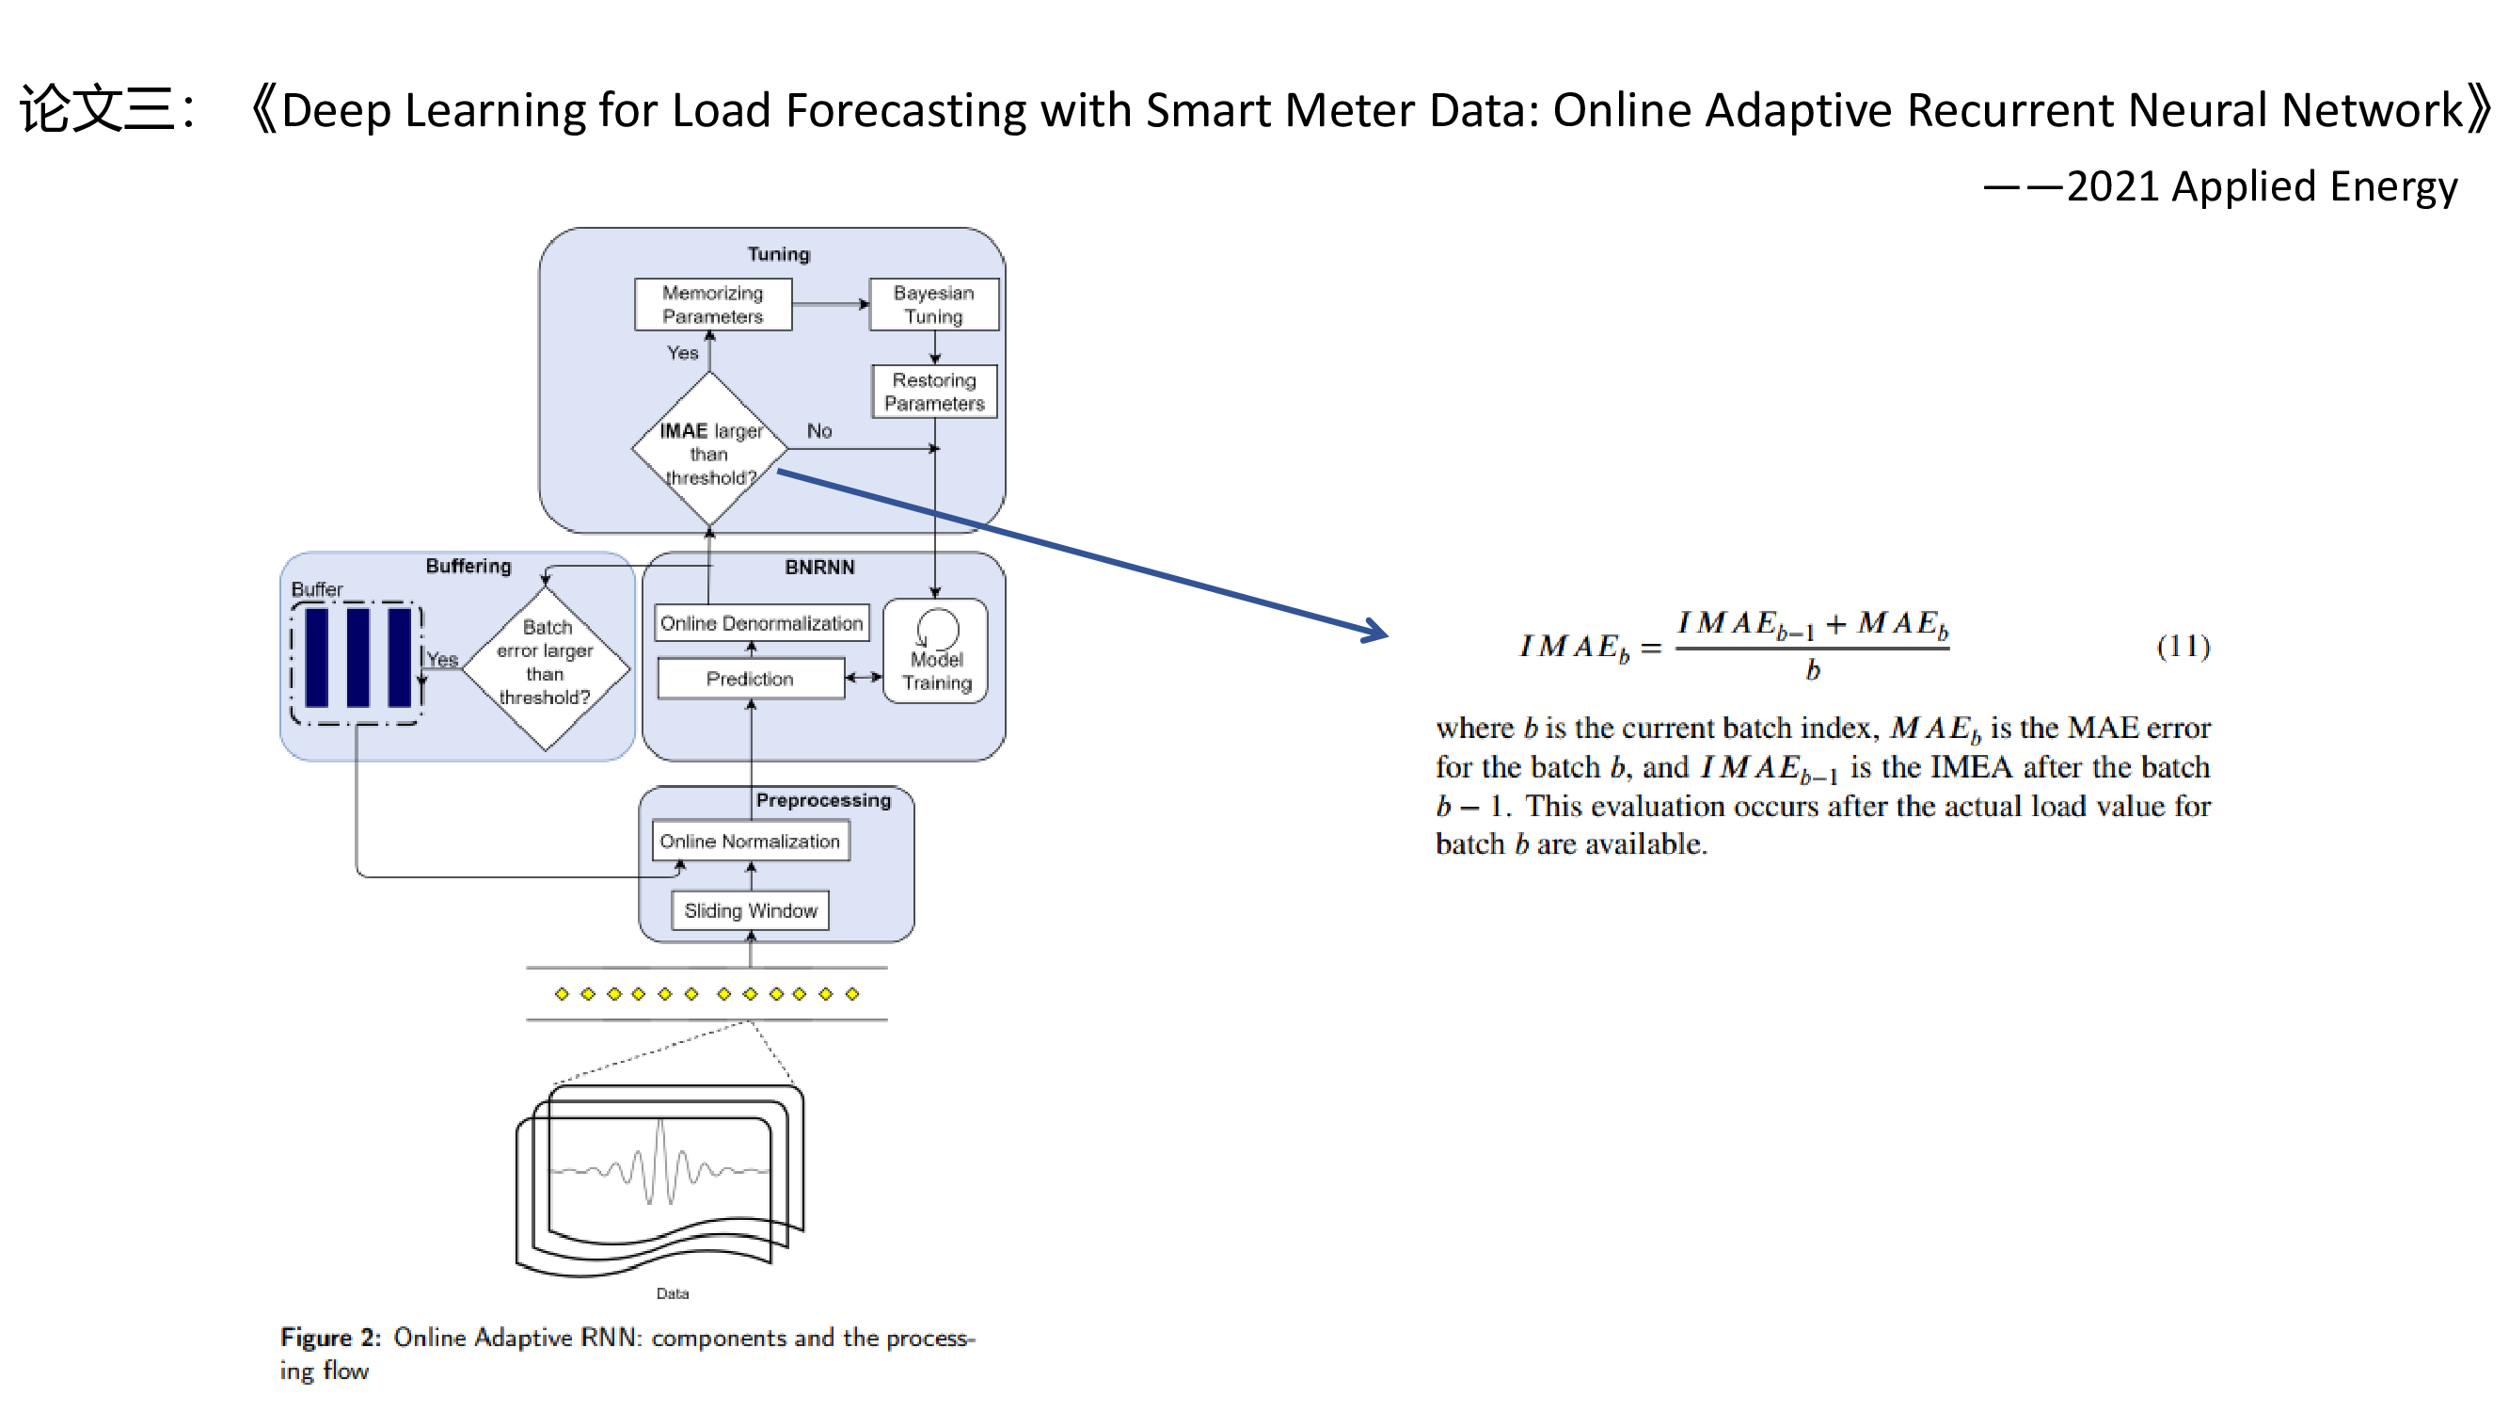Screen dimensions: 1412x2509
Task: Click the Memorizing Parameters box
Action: click(712, 304)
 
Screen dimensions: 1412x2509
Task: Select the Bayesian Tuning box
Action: click(933, 304)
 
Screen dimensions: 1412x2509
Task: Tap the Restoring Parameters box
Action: click(934, 391)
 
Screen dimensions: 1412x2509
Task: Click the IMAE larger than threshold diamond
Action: click(709, 451)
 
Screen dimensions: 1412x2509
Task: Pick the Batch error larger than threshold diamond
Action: click(546, 666)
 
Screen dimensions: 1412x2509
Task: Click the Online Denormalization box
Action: click(761, 622)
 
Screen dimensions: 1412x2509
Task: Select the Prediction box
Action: click(750, 678)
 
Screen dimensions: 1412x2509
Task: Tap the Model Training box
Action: click(935, 651)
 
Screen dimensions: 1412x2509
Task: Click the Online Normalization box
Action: click(750, 841)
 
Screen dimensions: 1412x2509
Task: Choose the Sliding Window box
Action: click(750, 910)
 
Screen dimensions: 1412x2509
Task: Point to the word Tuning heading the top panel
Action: click(778, 253)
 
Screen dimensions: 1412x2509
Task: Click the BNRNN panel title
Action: click(819, 567)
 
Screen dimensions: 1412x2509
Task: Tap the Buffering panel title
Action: click(468, 566)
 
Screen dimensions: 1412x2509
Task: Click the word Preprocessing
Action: click(823, 800)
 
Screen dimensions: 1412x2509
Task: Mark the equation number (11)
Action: click(2183, 646)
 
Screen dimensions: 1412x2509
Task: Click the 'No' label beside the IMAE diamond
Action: click(819, 431)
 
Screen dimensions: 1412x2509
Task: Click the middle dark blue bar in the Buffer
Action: click(357, 658)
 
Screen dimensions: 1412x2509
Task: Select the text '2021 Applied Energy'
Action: click(2262, 186)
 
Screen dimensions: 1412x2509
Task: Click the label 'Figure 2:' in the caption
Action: click(330, 1337)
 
